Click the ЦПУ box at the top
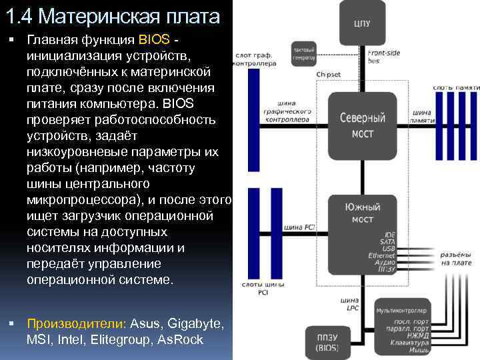362,24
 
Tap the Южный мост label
362,213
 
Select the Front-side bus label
382,56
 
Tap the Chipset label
329,74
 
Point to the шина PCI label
299,227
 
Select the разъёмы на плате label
456,259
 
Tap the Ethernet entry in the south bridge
382,255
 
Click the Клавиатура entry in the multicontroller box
405,343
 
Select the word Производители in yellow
75,324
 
